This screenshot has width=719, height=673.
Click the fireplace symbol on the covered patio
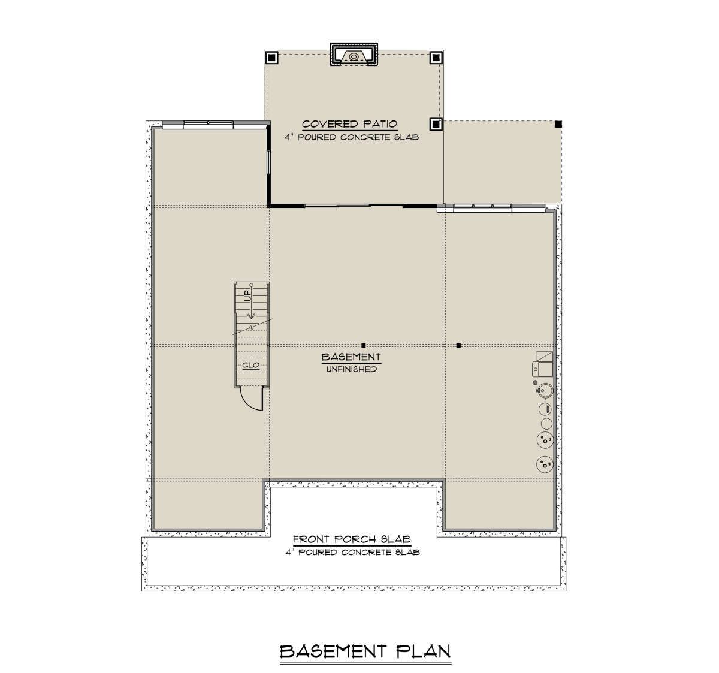tap(354, 55)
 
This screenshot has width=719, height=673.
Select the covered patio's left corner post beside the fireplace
tap(271, 58)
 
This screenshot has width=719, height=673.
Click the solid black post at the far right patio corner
tap(558, 124)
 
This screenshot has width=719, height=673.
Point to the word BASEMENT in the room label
tap(351, 357)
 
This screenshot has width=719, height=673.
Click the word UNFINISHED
tap(352, 370)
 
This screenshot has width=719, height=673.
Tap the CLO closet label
tap(250, 365)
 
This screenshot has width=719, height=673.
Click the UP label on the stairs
tap(247, 296)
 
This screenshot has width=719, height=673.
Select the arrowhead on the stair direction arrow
tap(251, 316)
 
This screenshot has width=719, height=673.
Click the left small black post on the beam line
tap(364, 346)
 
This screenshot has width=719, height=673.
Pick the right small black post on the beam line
tap(458, 346)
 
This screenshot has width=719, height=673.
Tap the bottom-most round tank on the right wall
tap(545, 464)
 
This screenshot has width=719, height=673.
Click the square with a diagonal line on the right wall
tap(544, 356)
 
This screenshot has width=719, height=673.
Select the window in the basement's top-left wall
tap(208, 124)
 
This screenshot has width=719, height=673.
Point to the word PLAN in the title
tap(423, 651)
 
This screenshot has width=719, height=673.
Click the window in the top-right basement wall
tap(482, 207)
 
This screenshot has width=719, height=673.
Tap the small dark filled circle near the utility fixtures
tap(534, 382)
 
